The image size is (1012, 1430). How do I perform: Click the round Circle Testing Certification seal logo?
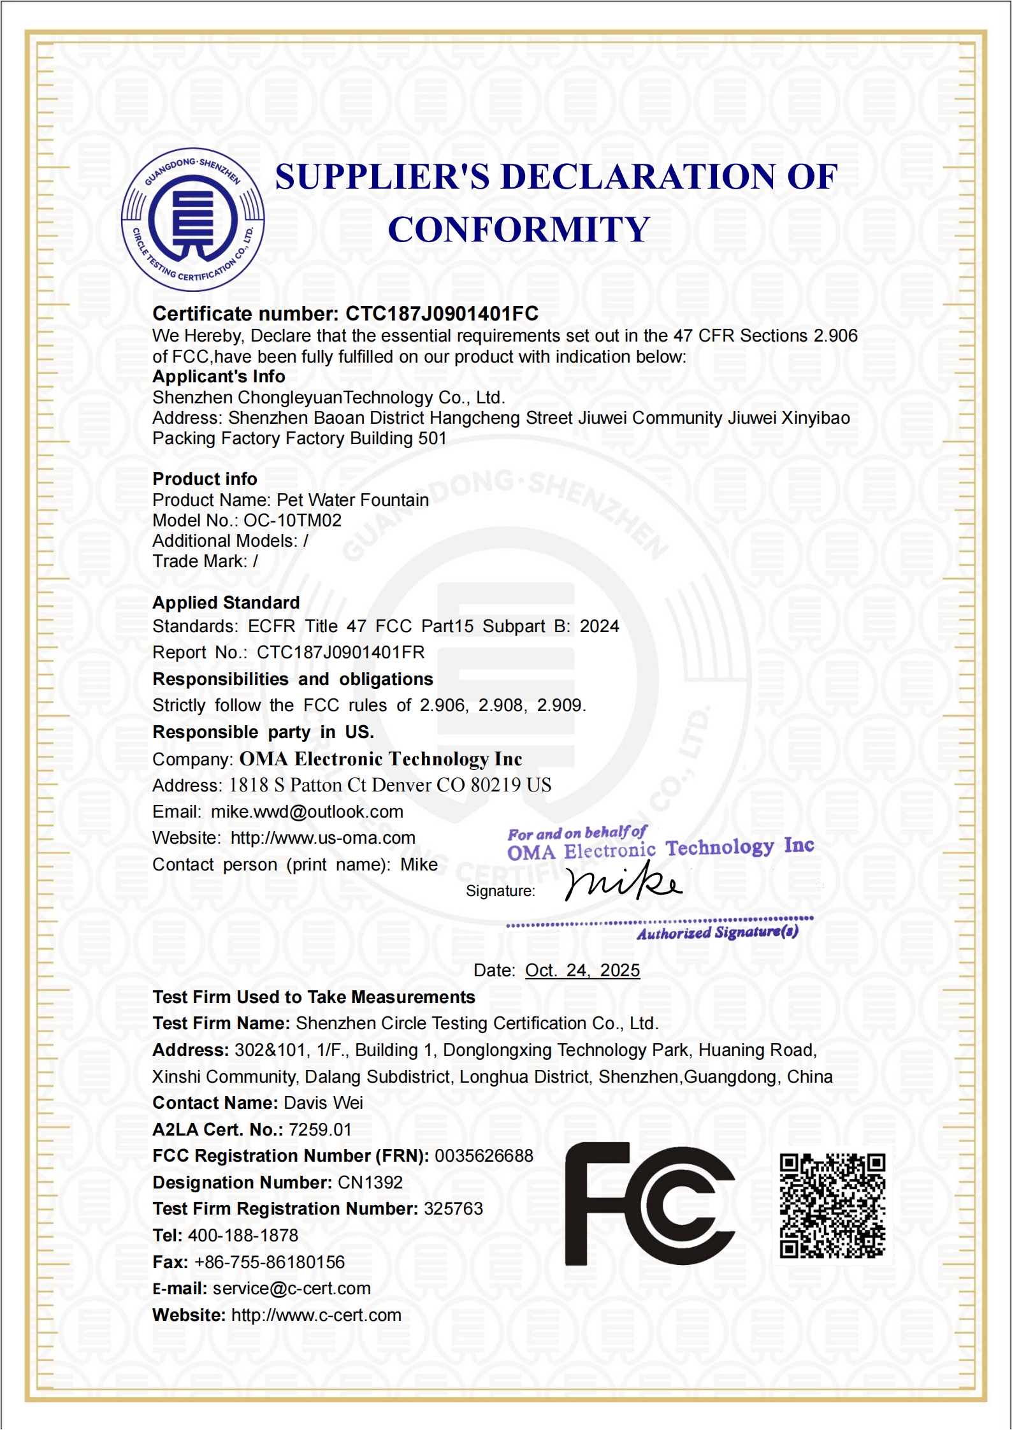pyautogui.click(x=192, y=220)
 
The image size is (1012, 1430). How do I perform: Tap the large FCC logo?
pyautogui.click(x=650, y=1204)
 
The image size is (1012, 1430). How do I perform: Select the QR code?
pyautogui.click(x=832, y=1205)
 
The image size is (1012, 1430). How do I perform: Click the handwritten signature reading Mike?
pyautogui.click(x=623, y=883)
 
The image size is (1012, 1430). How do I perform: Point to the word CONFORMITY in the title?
pyautogui.click(x=519, y=229)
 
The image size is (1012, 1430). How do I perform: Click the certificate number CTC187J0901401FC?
pyautogui.click(x=442, y=314)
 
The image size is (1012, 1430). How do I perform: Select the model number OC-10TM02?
pyautogui.click(x=293, y=521)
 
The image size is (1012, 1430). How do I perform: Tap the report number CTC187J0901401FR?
pyautogui.click(x=340, y=652)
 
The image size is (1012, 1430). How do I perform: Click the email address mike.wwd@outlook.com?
pyautogui.click(x=307, y=812)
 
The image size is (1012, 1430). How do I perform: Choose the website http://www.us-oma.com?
pyautogui.click(x=322, y=838)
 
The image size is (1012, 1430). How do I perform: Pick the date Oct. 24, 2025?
pyautogui.click(x=582, y=970)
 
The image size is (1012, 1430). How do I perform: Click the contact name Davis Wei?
pyautogui.click(x=323, y=1102)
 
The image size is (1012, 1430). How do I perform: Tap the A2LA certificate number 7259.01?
pyautogui.click(x=320, y=1129)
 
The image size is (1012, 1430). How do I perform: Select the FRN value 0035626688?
pyautogui.click(x=484, y=1155)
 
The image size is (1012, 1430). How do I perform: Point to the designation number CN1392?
pyautogui.click(x=370, y=1182)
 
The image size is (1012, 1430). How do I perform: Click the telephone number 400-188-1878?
pyautogui.click(x=243, y=1235)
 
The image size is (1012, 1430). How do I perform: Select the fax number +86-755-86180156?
pyautogui.click(x=269, y=1262)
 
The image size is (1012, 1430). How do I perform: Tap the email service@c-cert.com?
pyautogui.click(x=291, y=1288)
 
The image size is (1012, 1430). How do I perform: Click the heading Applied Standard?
pyautogui.click(x=226, y=602)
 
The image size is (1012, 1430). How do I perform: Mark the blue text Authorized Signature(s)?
pyautogui.click(x=717, y=933)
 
